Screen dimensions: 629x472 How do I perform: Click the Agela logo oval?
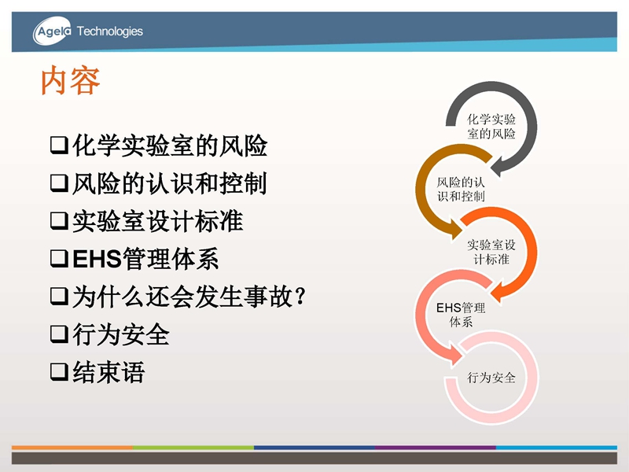coord(52,31)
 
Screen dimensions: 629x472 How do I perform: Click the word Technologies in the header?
coord(110,31)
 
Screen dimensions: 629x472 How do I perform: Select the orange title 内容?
coord(70,81)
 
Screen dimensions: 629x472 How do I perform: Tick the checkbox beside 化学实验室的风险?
coord(59,146)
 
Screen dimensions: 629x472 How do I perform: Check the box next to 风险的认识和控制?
coord(59,183)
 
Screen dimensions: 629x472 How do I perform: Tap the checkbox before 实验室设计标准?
coord(59,221)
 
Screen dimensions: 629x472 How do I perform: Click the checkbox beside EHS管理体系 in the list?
coord(59,259)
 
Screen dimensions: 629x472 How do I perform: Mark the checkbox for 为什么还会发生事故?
coord(59,297)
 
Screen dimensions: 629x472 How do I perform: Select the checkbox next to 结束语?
coord(59,371)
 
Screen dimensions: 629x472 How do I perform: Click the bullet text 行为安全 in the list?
coord(121,334)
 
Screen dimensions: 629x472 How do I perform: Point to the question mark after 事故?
coord(300,297)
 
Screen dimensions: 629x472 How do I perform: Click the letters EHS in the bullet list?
coord(97,259)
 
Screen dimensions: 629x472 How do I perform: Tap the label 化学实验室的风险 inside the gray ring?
coord(491,127)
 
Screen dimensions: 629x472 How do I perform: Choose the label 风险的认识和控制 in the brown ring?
coord(461,189)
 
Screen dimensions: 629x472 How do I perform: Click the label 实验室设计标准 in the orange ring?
coord(491,252)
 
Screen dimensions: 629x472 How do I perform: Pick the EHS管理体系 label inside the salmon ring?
coord(461,315)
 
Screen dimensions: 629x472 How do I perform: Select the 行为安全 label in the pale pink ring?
coord(491,378)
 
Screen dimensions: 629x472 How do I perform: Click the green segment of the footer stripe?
coord(193,447)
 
